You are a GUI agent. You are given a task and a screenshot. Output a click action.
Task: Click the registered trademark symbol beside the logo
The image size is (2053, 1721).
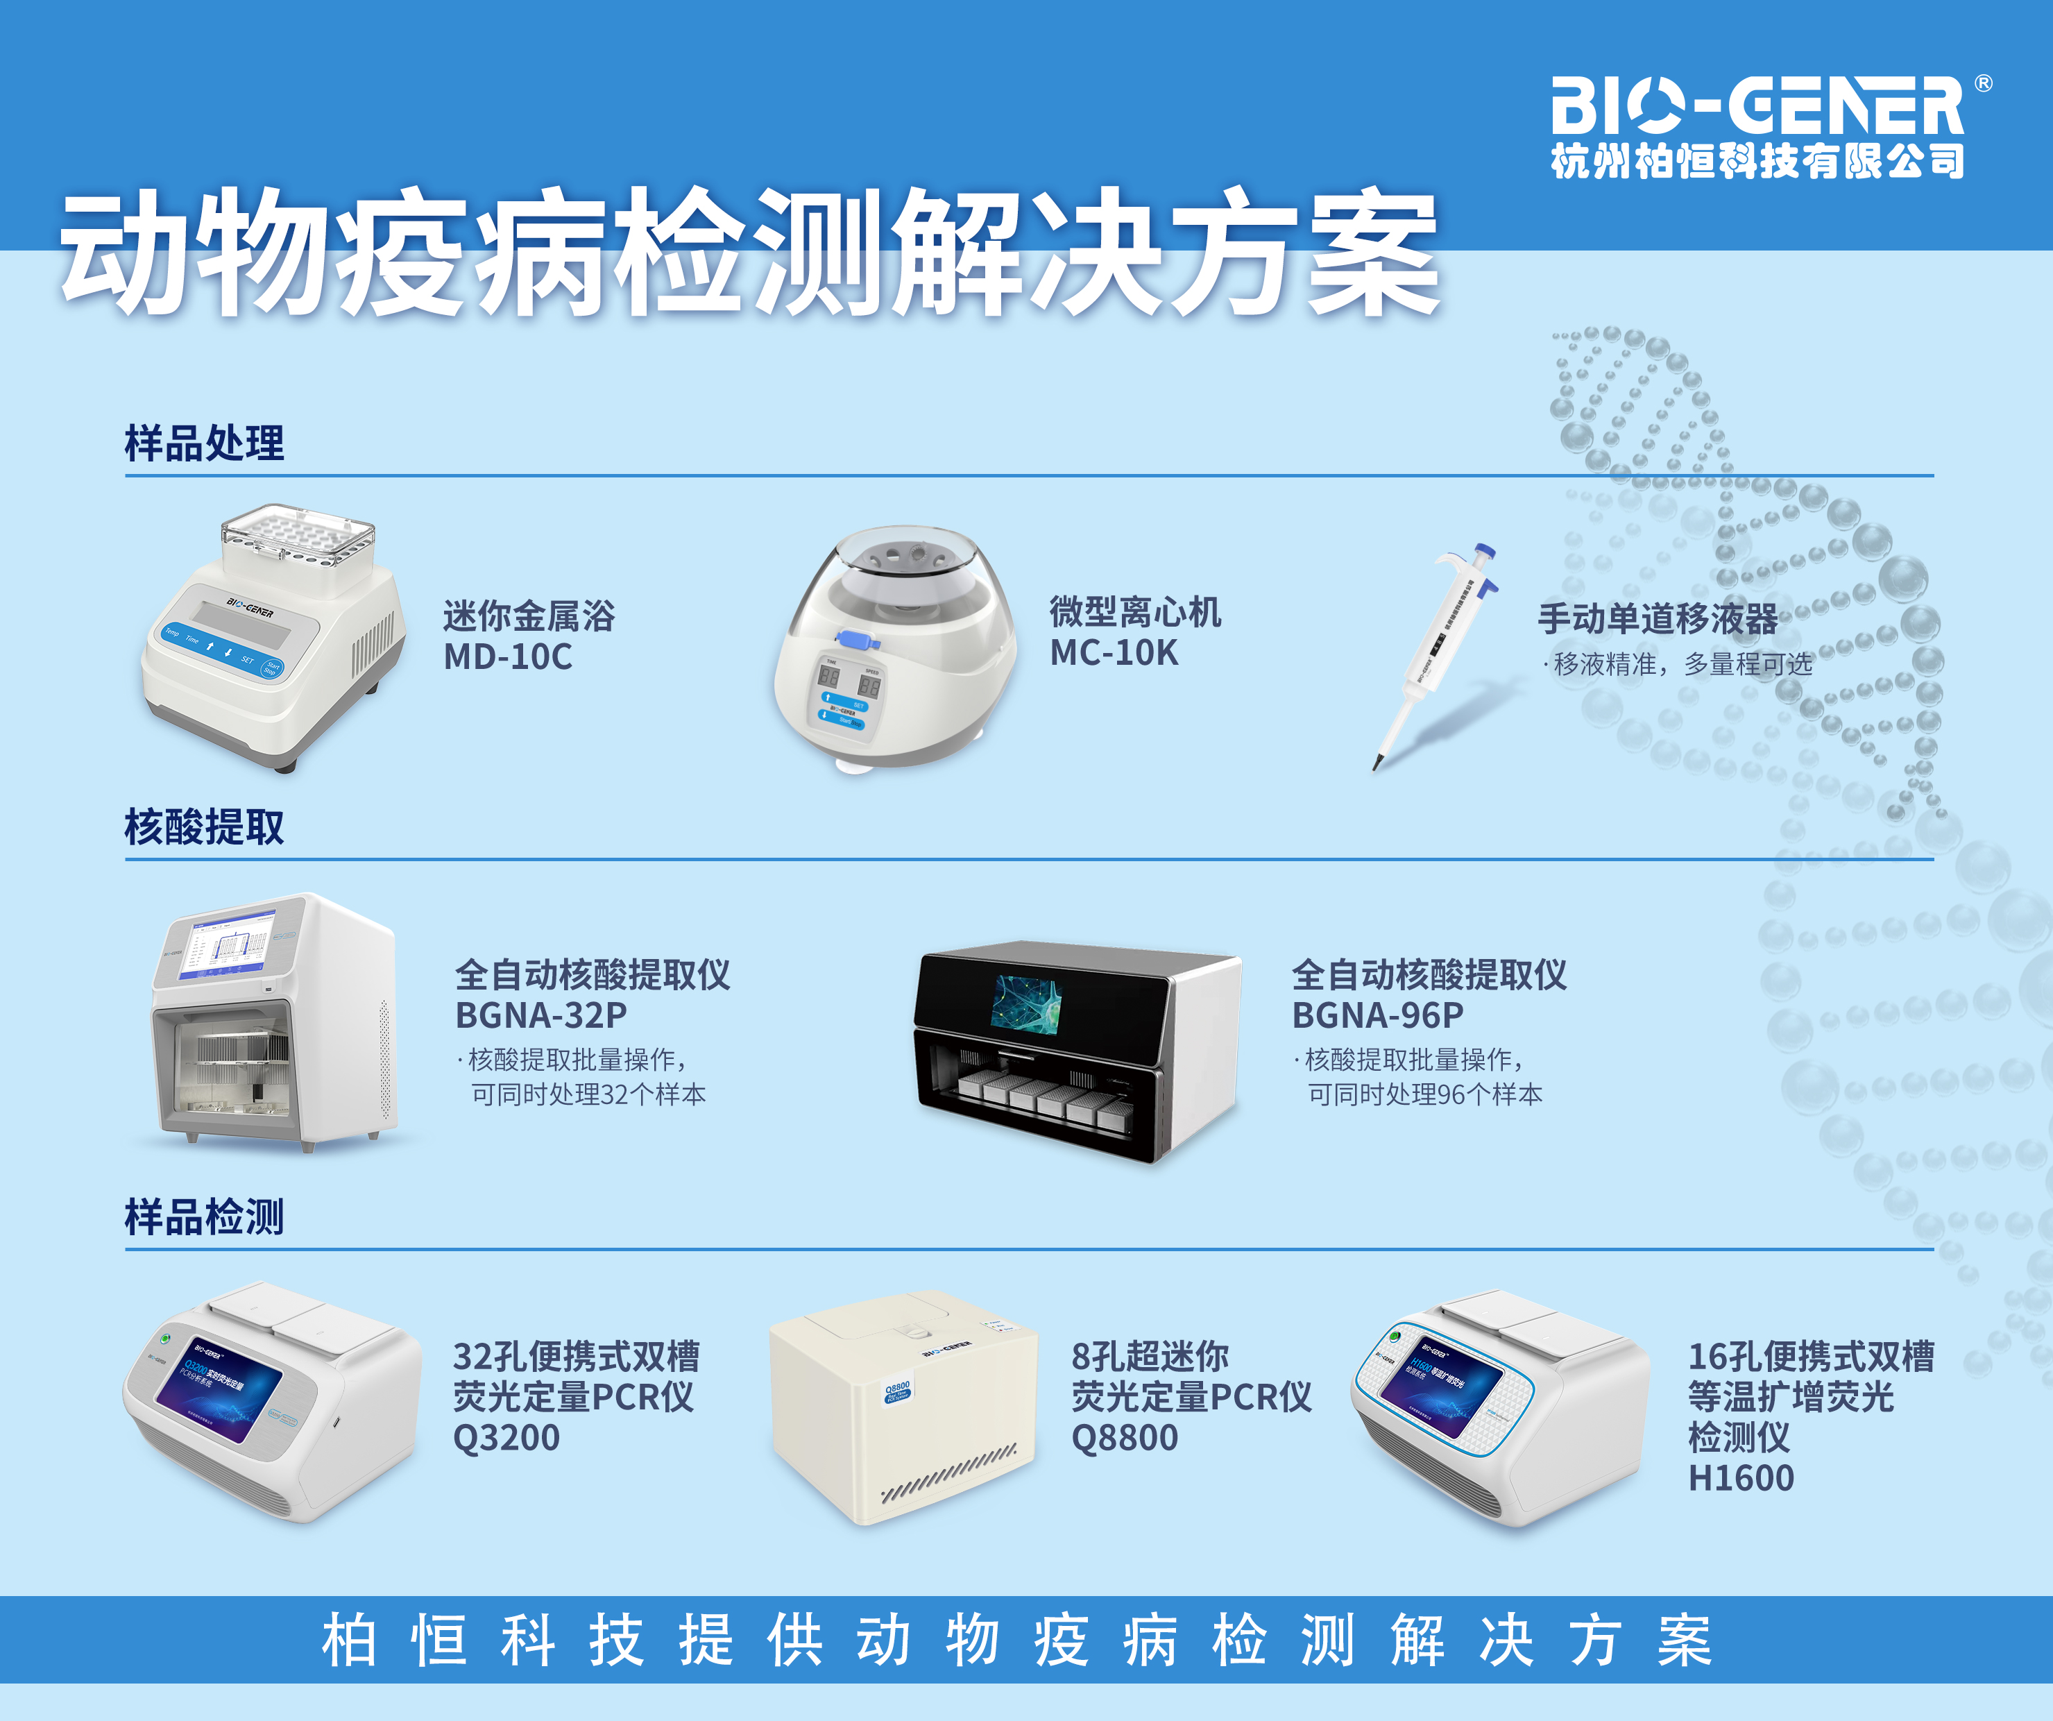tap(1984, 83)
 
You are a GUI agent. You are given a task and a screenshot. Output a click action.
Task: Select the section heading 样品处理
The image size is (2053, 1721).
tap(203, 443)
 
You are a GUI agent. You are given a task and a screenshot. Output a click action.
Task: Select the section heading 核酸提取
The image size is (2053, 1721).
tap(203, 827)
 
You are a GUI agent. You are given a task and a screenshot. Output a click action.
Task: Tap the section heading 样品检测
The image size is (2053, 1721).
tap(203, 1217)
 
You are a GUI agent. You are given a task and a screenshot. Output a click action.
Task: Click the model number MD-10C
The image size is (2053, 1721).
tap(507, 656)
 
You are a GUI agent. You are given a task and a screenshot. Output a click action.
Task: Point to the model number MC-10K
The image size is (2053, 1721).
tap(1114, 652)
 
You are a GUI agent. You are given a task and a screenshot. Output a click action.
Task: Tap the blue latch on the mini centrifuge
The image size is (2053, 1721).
tap(858, 641)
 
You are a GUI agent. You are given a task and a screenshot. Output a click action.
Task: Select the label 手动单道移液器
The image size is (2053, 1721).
tap(1657, 618)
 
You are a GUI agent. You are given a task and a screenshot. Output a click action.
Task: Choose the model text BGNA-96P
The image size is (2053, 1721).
tap(1377, 1015)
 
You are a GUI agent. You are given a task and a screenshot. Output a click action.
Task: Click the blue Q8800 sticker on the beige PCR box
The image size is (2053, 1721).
tap(898, 1391)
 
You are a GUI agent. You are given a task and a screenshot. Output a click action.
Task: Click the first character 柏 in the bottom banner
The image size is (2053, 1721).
tap(349, 1641)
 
